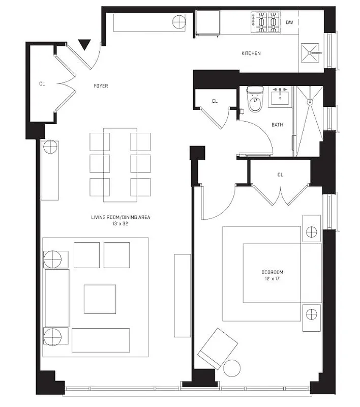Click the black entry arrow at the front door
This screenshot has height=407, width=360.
tap(85, 45)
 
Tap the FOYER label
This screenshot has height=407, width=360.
tap(100, 86)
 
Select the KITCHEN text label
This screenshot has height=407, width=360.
tap(251, 53)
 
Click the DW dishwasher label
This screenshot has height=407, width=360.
tap(289, 22)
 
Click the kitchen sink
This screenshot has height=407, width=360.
tap(310, 52)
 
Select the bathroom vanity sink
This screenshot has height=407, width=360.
tap(280, 96)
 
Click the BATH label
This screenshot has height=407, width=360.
tap(277, 124)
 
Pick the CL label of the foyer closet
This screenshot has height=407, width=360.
tap(42, 84)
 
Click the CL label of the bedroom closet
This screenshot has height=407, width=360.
tap(280, 175)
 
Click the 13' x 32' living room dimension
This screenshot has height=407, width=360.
tap(121, 224)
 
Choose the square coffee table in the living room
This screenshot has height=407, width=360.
tap(100, 299)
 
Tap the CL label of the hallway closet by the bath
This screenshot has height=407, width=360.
tap(215, 101)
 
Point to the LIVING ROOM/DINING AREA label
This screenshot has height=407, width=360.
tap(121, 217)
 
